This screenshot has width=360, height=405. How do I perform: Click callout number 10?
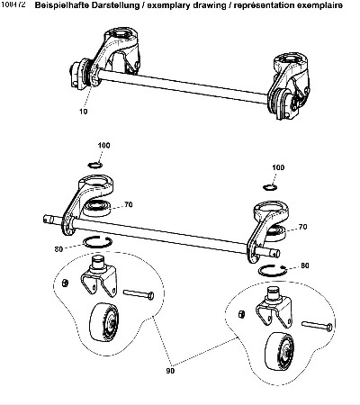84,112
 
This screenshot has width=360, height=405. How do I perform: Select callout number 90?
170,371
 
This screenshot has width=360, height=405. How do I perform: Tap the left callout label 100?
103,145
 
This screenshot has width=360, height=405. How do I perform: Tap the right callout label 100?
278,167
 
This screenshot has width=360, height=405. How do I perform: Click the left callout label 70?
129,204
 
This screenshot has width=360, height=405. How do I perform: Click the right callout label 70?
303,227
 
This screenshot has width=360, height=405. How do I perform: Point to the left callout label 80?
58,249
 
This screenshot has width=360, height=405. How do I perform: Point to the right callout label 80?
305,265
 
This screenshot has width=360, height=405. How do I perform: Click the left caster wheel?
103,321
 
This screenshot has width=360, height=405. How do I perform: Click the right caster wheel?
279,350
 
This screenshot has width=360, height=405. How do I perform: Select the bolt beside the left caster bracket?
139,294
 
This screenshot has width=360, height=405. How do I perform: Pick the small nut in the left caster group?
65,283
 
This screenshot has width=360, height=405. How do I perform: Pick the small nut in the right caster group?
241,314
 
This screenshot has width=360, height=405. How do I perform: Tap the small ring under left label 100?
95,165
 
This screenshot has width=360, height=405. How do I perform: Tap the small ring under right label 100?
269,187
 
